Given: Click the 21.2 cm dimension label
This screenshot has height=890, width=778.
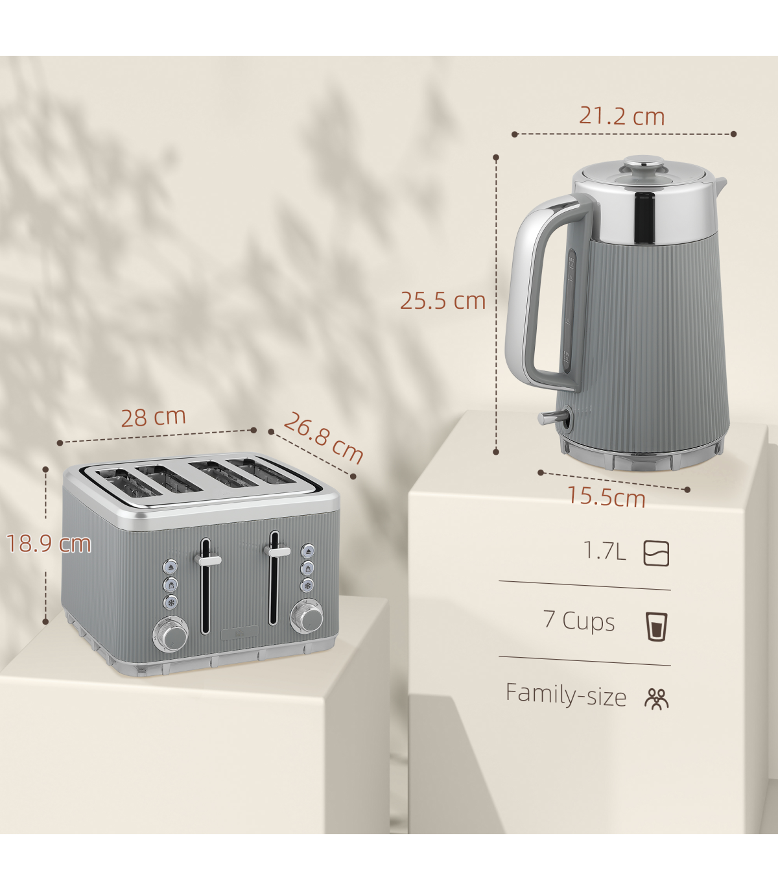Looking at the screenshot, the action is (x=622, y=116).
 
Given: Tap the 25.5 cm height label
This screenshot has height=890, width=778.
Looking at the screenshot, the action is (x=442, y=300).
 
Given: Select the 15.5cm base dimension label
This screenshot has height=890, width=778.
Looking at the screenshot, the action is (x=606, y=497).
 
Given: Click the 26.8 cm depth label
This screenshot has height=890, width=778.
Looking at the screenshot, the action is (x=324, y=438).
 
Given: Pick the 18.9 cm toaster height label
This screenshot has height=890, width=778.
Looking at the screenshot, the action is (x=49, y=544).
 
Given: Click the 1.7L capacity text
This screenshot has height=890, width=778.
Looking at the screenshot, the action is (x=605, y=551).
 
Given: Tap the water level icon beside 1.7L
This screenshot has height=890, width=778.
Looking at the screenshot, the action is (x=656, y=553).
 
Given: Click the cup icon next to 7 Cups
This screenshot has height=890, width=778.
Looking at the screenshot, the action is (x=656, y=627).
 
